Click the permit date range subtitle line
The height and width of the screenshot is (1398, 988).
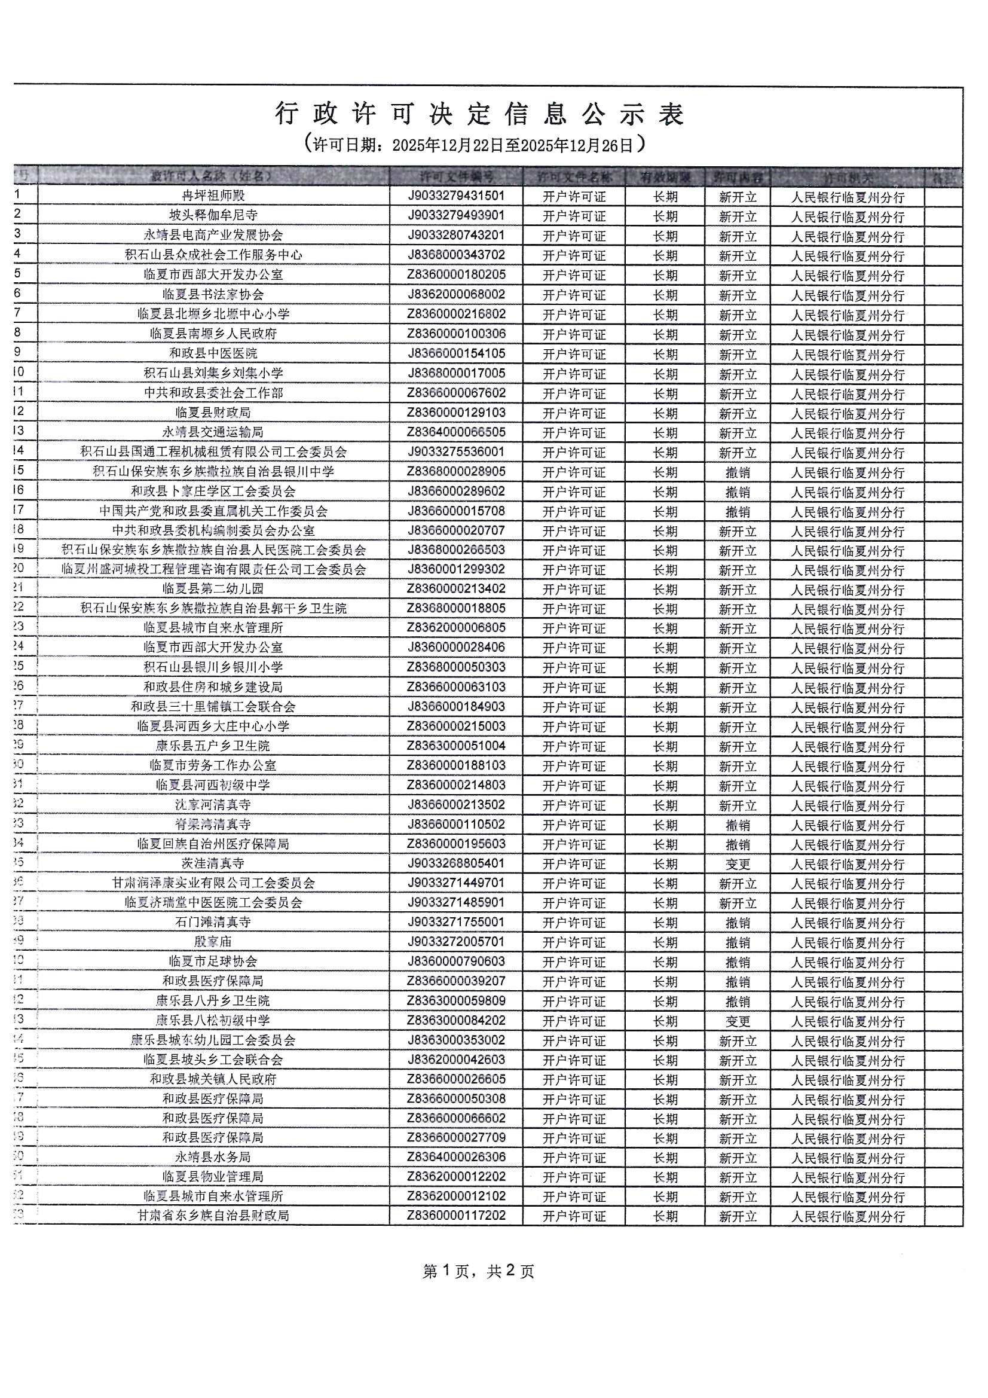pyautogui.click(x=474, y=145)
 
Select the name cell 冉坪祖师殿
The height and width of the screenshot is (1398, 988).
pyautogui.click(x=213, y=196)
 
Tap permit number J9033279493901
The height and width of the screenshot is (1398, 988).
pyautogui.click(x=456, y=215)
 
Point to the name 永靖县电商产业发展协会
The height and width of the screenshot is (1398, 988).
pyautogui.click(x=213, y=236)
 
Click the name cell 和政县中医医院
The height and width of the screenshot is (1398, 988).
pyautogui.click(x=213, y=354)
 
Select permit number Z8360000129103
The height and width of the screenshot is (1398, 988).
pyautogui.click(x=456, y=413)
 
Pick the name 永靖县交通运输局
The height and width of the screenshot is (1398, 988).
pyautogui.click(x=213, y=432)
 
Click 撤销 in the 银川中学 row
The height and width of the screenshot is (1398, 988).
pyautogui.click(x=737, y=472)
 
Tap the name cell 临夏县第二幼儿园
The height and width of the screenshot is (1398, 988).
pyautogui.click(x=213, y=590)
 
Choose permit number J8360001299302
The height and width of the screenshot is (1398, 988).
pyautogui.click(x=456, y=570)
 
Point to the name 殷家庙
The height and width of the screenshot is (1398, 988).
pyautogui.click(x=213, y=942)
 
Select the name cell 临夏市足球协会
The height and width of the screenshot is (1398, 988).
pyautogui.click(x=213, y=961)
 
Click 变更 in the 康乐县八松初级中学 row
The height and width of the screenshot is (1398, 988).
pyautogui.click(x=737, y=1021)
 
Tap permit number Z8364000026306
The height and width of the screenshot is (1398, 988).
pyautogui.click(x=456, y=1157)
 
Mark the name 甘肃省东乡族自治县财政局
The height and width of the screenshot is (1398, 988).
pyautogui.click(x=213, y=1216)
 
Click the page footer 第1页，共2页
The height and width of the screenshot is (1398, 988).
pyautogui.click(x=479, y=1271)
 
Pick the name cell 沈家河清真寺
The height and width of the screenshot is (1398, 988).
pyautogui.click(x=213, y=805)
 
